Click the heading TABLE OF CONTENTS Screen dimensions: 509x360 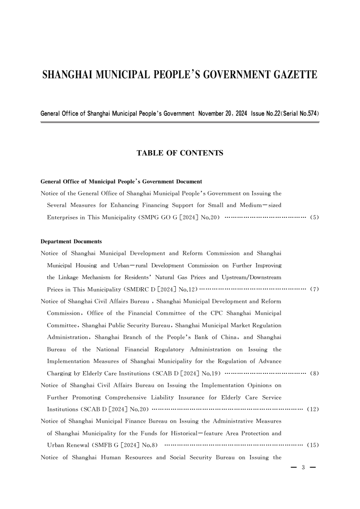[x=180, y=153]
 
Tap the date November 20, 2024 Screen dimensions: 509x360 [x=222, y=113]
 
